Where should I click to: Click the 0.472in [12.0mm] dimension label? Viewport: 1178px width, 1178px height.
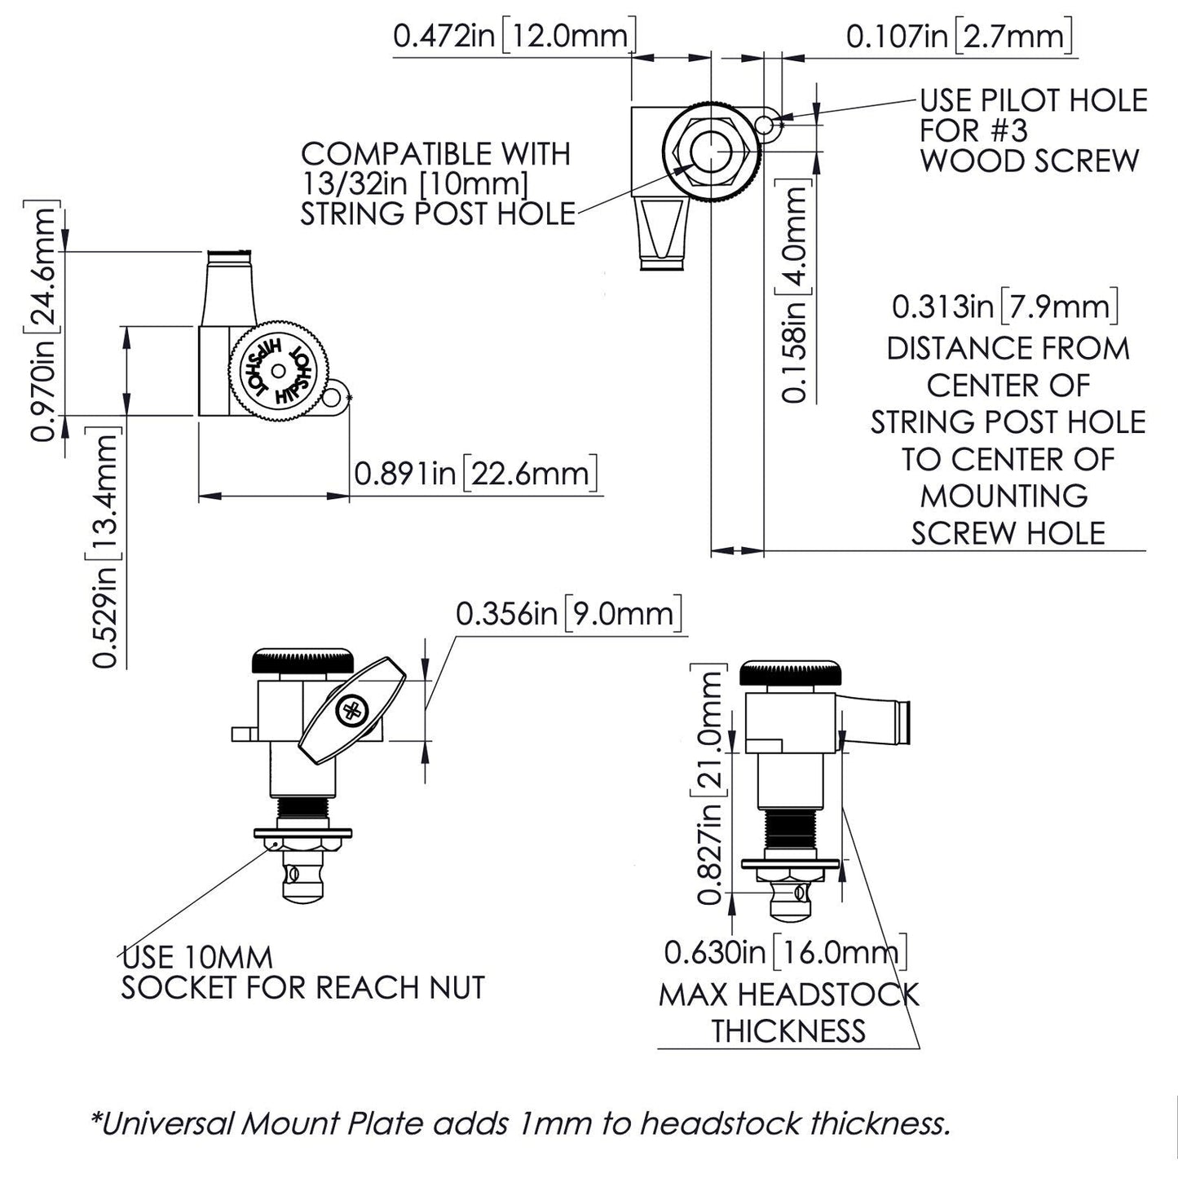click(513, 36)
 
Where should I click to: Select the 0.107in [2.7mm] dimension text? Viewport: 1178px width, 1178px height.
click(958, 36)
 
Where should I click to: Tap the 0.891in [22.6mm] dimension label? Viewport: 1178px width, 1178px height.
click(476, 473)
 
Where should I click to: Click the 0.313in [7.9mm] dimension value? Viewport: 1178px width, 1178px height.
click(1005, 307)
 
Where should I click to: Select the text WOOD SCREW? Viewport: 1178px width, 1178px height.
click(1030, 161)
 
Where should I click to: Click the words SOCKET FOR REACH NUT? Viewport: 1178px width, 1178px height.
click(302, 987)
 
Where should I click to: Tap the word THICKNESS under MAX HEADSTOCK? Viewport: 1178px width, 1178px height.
click(788, 1030)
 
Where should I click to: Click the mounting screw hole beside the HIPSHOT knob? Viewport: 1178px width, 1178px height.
click(333, 398)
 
